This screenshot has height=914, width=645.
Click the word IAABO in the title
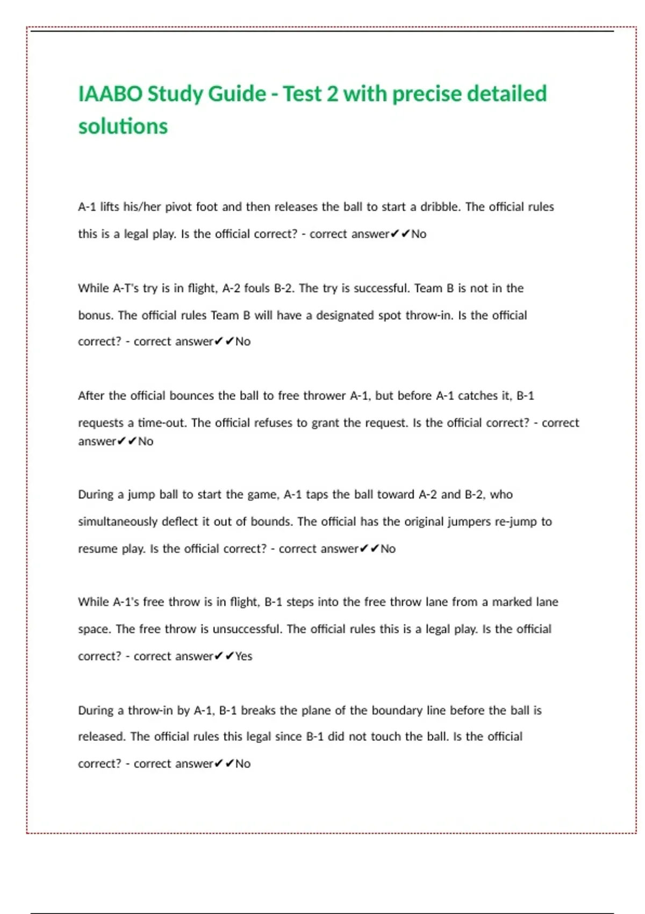click(x=110, y=94)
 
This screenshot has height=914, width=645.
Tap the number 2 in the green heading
click(x=333, y=94)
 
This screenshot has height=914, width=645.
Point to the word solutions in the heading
click(x=123, y=127)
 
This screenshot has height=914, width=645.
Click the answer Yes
click(x=243, y=656)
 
